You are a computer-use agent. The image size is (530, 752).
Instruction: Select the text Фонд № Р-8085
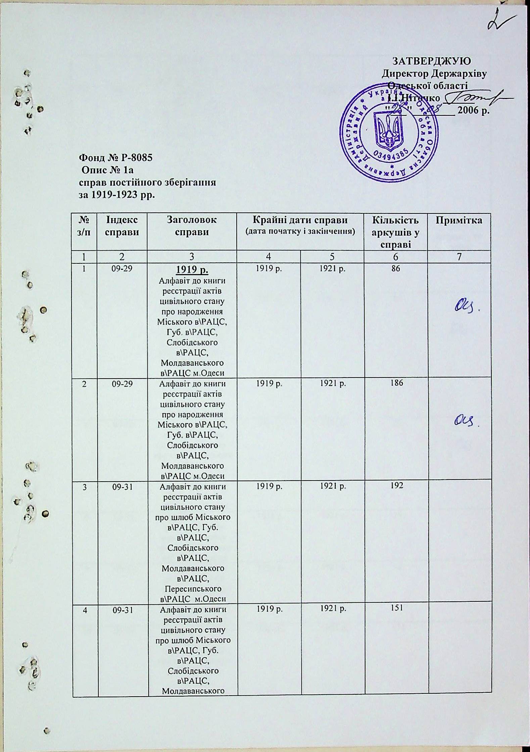click(115, 157)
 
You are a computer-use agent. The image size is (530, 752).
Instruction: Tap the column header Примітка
click(459, 220)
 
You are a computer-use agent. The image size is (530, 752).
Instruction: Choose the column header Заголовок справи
click(192, 226)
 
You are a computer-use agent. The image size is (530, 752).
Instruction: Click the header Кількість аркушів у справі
click(395, 232)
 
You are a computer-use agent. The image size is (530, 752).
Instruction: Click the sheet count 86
click(395, 268)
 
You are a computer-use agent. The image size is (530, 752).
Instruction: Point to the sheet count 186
click(395, 384)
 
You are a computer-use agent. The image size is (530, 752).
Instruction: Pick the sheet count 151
click(395, 608)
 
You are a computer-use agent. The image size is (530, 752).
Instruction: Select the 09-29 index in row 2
click(122, 384)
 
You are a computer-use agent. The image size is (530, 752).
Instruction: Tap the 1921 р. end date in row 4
click(332, 608)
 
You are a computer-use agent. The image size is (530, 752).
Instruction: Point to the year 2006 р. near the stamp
click(474, 110)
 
